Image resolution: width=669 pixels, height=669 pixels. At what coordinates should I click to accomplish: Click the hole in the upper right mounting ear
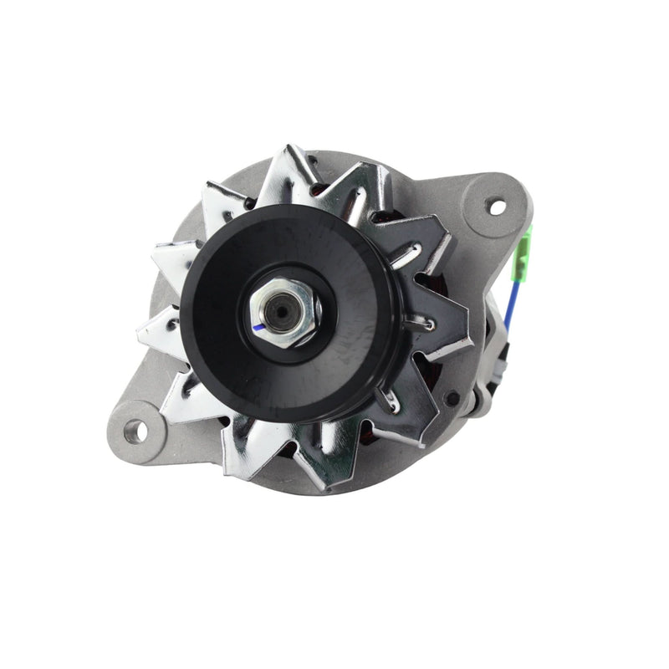pyautogui.click(x=497, y=203)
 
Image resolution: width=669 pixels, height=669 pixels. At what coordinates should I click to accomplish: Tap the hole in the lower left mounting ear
pyautogui.click(x=134, y=431)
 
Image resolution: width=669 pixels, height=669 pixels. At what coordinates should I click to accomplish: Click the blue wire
pyautogui.click(x=512, y=297)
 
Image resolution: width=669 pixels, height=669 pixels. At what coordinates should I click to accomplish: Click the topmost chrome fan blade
pyautogui.click(x=289, y=167)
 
